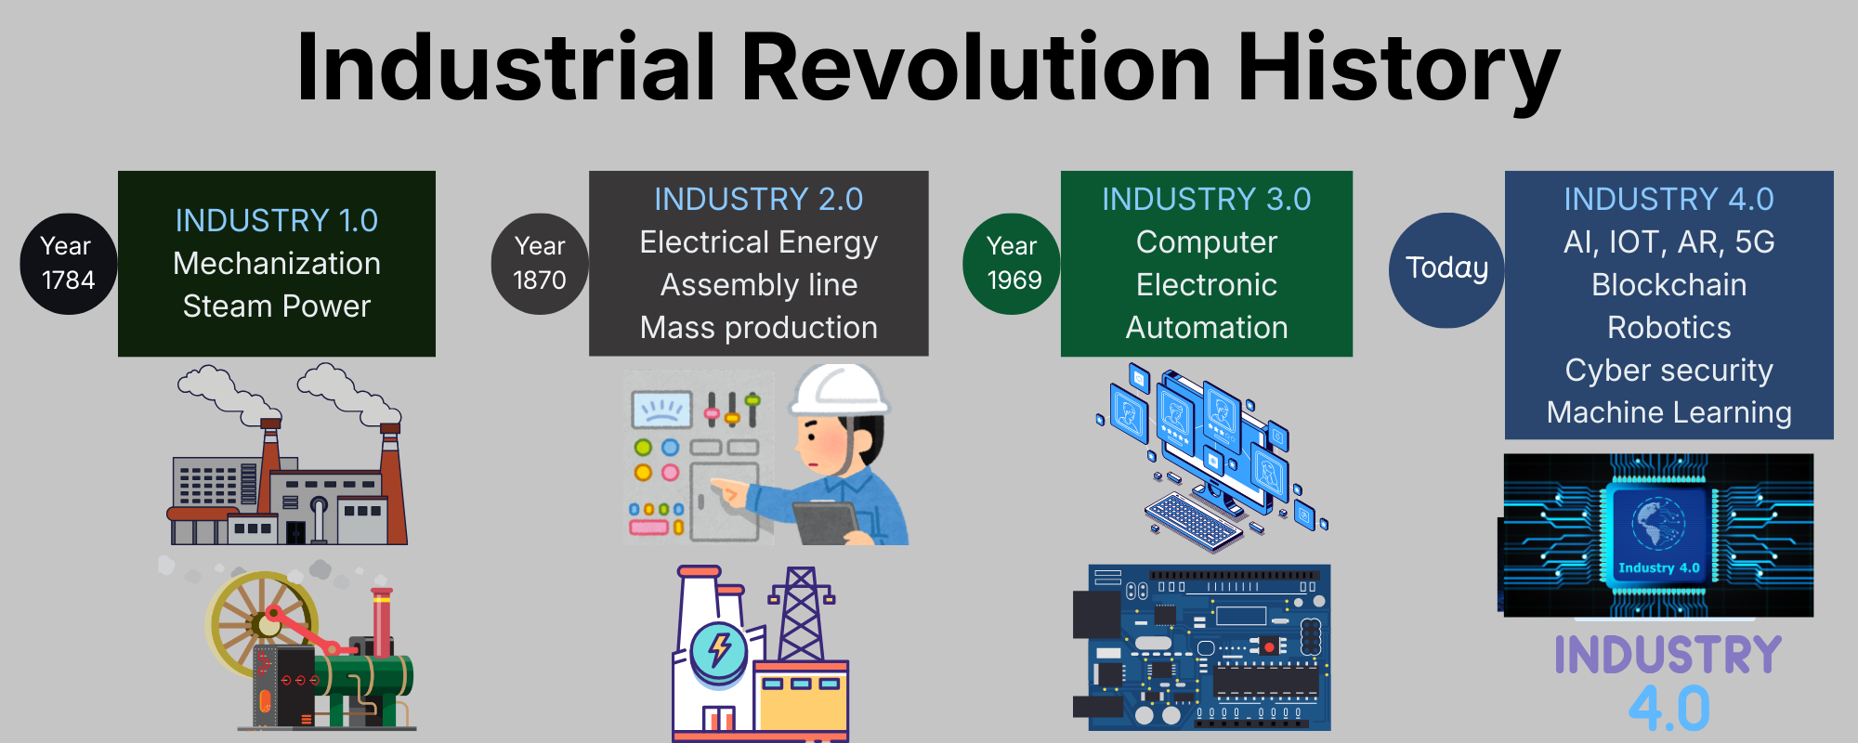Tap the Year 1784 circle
pyautogui.click(x=69, y=264)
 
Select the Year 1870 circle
pyautogui.click(x=540, y=264)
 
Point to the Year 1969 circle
pyautogui.click(x=1012, y=264)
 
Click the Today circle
pyautogui.click(x=1446, y=270)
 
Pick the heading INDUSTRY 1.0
pyautogui.click(x=277, y=220)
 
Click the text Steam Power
pyautogui.click(x=277, y=306)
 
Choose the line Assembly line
pyautogui.click(x=759, y=285)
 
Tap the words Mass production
pyautogui.click(x=759, y=328)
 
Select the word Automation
pyautogui.click(x=1207, y=327)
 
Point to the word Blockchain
pyautogui.click(x=1669, y=284)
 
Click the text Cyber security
pyautogui.click(x=1669, y=371)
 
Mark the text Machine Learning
pyautogui.click(x=1669, y=412)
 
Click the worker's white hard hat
pyautogui.click(x=839, y=390)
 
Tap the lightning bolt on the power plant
pyautogui.click(x=719, y=647)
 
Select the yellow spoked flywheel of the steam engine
pyautogui.click(x=263, y=620)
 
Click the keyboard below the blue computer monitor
pyautogui.click(x=1194, y=521)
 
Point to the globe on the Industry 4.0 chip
pyautogui.click(x=1657, y=524)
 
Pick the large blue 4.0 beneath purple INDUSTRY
pyautogui.click(x=1669, y=709)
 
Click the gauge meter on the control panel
pyautogui.click(x=661, y=409)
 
